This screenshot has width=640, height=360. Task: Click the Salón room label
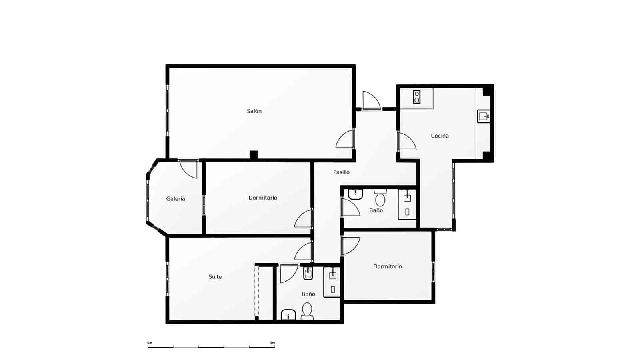(x=254, y=111)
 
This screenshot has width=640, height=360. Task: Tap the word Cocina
(x=440, y=136)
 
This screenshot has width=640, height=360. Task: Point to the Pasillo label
(x=341, y=172)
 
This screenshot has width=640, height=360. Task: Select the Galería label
(x=176, y=199)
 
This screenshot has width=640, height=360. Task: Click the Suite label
(x=215, y=277)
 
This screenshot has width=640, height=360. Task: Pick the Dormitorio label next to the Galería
(x=263, y=198)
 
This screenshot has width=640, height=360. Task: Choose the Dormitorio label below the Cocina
(x=387, y=266)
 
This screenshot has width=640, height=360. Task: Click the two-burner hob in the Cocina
(x=417, y=97)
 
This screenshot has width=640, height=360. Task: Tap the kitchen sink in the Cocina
(x=484, y=116)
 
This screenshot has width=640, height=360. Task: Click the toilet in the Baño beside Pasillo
(x=380, y=198)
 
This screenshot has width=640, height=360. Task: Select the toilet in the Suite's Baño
(x=307, y=311)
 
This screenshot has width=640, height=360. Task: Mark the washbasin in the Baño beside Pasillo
(x=355, y=194)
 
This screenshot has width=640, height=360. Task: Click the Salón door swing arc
(x=345, y=139)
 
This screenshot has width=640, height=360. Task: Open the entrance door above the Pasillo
(x=371, y=100)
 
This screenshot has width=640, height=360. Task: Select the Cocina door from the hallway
(x=407, y=142)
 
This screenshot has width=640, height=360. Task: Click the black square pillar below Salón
(x=253, y=155)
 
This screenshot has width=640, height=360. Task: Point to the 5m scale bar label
(x=272, y=343)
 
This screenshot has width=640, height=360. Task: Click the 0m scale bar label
(x=150, y=343)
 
